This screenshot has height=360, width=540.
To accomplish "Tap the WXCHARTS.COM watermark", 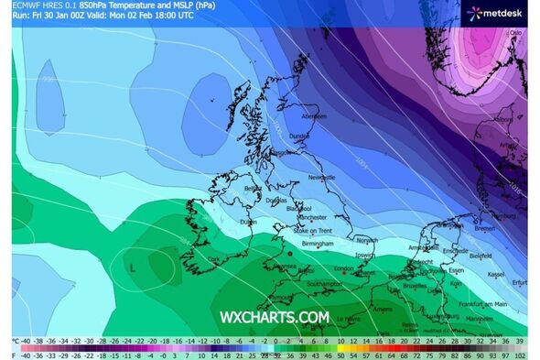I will [x=274, y=318].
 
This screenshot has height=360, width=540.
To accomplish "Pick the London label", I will [x=343, y=268].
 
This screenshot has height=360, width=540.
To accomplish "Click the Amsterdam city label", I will [x=423, y=247].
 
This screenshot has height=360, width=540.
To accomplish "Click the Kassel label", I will [x=498, y=274].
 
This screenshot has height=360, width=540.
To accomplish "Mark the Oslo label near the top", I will [x=515, y=32].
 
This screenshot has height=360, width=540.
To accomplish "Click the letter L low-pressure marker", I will [x=134, y=267].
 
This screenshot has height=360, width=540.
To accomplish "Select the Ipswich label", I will [x=366, y=254].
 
